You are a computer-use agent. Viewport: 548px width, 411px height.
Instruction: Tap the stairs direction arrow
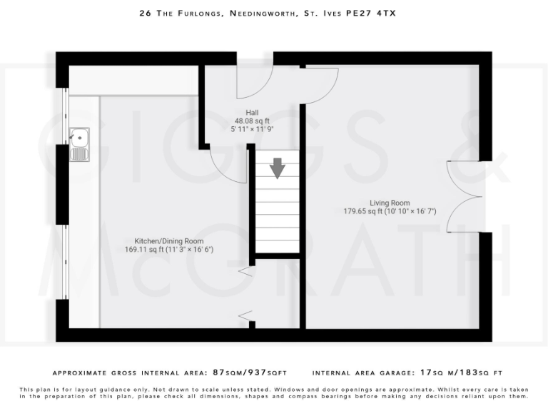(x=277, y=169)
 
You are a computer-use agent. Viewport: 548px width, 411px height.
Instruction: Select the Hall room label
(x=252, y=113)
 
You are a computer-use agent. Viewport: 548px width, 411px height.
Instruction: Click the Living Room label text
(x=390, y=203)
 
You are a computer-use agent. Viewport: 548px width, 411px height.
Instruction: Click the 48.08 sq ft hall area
(x=252, y=121)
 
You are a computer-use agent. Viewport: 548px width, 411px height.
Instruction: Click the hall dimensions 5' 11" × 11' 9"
(x=252, y=130)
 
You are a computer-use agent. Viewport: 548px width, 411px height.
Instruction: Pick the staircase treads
(x=277, y=214)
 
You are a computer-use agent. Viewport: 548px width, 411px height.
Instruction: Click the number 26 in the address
(x=145, y=13)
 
